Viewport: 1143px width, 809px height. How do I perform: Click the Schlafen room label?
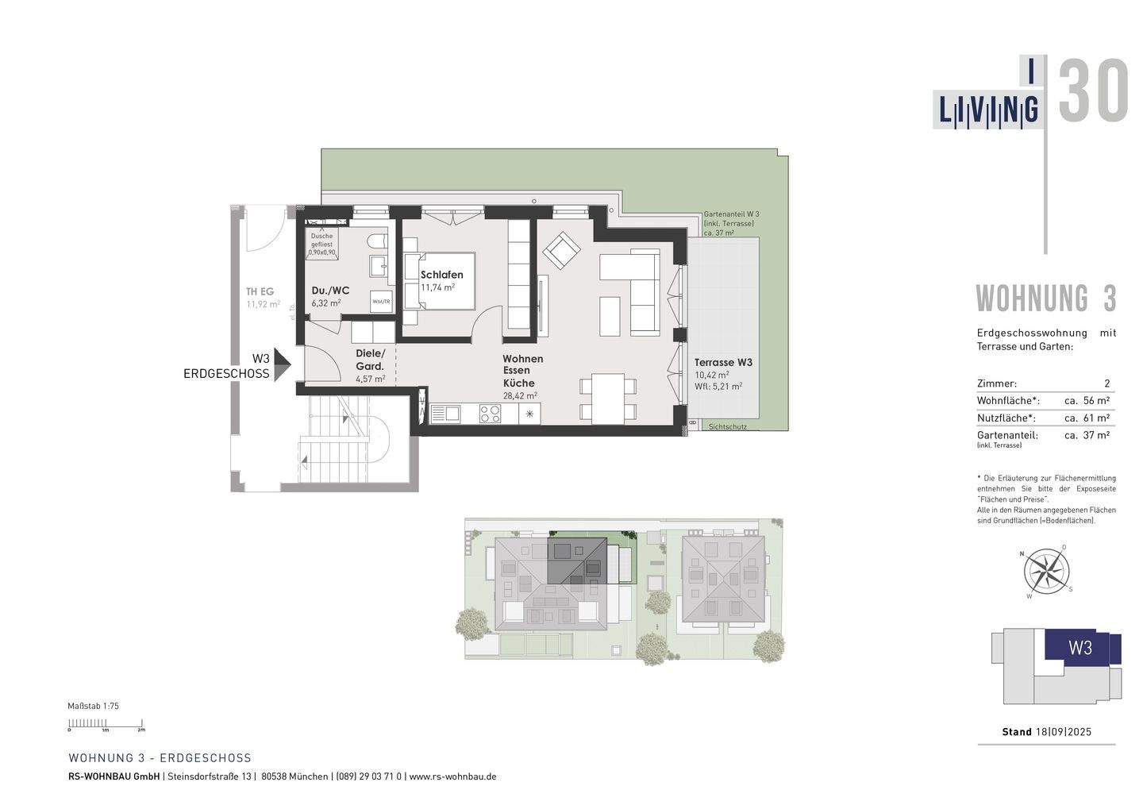(441, 275)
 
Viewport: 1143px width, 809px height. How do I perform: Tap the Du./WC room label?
(330, 291)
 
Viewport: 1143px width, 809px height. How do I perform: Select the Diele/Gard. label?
(371, 360)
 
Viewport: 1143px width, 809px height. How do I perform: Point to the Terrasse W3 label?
(723, 362)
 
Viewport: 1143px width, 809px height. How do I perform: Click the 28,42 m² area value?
(519, 395)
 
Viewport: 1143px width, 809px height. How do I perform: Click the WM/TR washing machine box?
(381, 302)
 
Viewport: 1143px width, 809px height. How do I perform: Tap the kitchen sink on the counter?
(446, 413)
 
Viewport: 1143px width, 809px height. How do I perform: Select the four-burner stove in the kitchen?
(489, 413)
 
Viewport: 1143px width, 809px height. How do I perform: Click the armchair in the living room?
(561, 251)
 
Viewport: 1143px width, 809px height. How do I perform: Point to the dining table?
(608, 398)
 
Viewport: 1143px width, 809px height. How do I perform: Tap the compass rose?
(1046, 571)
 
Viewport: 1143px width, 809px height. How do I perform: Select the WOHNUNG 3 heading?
(1045, 299)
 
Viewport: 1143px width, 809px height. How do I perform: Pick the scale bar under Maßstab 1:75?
(106, 723)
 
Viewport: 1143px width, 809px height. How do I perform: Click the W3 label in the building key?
(1080, 647)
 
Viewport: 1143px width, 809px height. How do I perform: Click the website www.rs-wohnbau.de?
(452, 776)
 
